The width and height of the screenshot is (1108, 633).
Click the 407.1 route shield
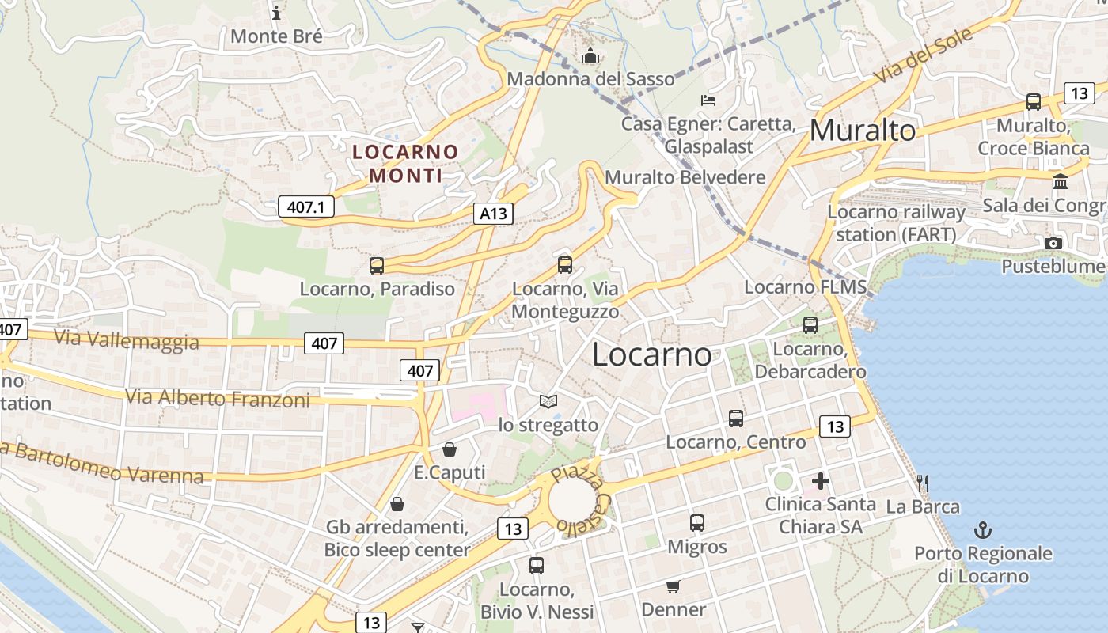(306, 207)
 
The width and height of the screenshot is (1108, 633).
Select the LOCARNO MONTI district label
(405, 163)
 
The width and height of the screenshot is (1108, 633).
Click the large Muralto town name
(863, 131)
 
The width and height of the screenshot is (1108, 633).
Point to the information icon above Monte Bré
(276, 13)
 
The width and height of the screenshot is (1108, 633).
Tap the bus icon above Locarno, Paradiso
(377, 266)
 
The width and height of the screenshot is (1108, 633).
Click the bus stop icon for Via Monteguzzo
(564, 265)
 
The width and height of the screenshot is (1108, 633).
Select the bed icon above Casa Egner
(708, 100)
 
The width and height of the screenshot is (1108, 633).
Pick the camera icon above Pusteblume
(1053, 243)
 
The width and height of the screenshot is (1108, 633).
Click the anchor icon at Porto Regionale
(983, 529)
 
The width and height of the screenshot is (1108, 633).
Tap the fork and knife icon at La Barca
(922, 483)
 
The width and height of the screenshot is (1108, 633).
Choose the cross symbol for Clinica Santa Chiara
(820, 480)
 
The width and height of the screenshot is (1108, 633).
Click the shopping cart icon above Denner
(673, 586)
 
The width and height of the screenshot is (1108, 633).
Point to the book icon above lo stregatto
(548, 402)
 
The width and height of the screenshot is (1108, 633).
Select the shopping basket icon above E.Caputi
(450, 449)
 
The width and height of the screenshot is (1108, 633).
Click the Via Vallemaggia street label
(127, 339)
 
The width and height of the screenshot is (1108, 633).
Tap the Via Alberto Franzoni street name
(218, 398)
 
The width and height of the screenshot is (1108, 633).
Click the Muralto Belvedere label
(685, 177)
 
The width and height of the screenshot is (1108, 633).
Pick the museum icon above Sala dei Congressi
(1061, 182)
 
